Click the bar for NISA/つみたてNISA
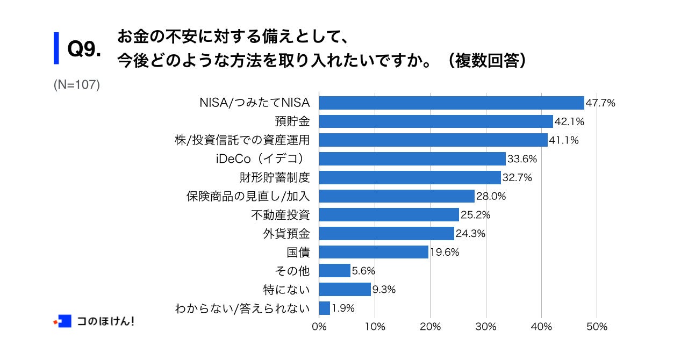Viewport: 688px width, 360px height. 451,103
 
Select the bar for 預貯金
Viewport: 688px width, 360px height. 436,121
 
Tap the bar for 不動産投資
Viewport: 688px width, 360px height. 389,215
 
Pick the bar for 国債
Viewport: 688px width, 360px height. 374,252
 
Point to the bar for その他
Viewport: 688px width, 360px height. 335,271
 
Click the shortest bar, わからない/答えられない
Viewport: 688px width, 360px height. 325,308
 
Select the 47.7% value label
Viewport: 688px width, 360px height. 600,103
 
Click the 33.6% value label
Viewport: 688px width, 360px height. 522,159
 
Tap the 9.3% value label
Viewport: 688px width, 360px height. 384,290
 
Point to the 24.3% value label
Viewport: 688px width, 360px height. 470,234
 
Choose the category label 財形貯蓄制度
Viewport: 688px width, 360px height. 275,177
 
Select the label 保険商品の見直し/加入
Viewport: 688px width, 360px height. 248,196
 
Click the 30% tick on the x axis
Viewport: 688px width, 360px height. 486,327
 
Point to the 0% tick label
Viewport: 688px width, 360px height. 319,327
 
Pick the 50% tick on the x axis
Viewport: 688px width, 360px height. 597,327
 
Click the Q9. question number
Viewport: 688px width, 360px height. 84,50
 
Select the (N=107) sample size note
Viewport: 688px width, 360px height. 77,85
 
